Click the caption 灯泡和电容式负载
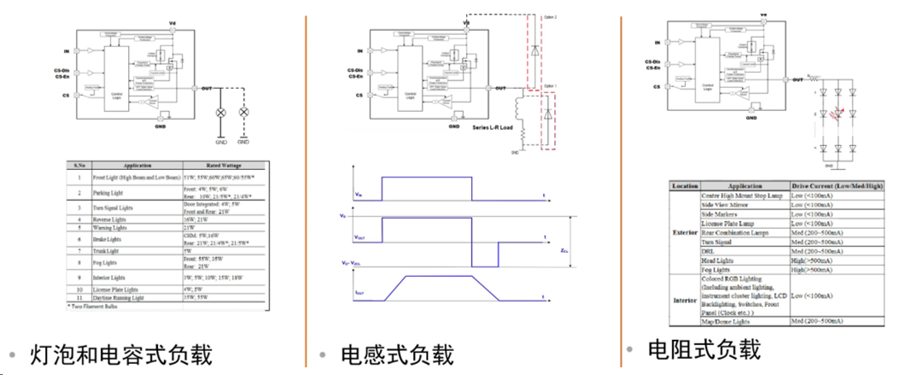[x=120, y=354]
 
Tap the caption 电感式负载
[x=397, y=354]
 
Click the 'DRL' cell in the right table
[x=710, y=251]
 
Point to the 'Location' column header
[x=686, y=185]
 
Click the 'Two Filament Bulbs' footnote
[x=94, y=312]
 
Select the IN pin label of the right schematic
[x=657, y=41]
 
